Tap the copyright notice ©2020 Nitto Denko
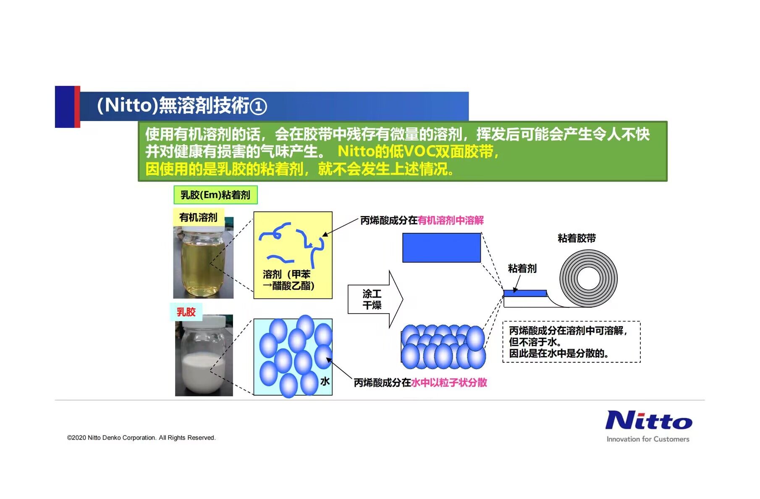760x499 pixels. point(141,438)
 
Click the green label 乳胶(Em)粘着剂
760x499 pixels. point(215,195)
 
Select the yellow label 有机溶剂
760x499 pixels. point(198,217)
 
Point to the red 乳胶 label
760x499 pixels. point(186,312)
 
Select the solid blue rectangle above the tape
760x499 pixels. point(441,248)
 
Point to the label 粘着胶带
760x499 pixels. point(577,238)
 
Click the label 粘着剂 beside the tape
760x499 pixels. point(522,269)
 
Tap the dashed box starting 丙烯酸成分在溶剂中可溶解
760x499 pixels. point(571,342)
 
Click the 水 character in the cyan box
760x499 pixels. point(325,381)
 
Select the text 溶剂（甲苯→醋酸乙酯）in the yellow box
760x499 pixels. point(288,280)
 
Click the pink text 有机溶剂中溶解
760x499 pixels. point(451,220)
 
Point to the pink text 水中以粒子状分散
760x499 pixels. point(449,383)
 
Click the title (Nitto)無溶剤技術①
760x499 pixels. point(182,106)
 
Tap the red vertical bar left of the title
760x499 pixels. point(77,107)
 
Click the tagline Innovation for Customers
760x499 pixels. point(648,439)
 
